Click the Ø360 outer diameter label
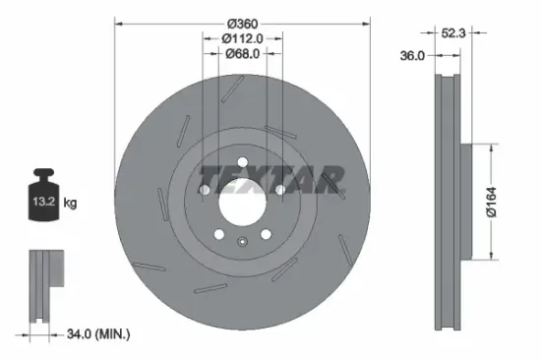tap(242, 23)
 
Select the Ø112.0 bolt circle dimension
tap(242, 39)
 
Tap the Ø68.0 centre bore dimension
tap(242, 54)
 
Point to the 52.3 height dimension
tap(454, 32)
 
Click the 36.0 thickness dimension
tap(413, 57)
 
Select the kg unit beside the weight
tap(70, 204)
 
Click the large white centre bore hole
tap(242, 204)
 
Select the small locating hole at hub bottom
tap(242, 242)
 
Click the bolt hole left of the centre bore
tap(206, 190)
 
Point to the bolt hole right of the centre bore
tap(279, 190)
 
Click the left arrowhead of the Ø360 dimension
tap(119, 23)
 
